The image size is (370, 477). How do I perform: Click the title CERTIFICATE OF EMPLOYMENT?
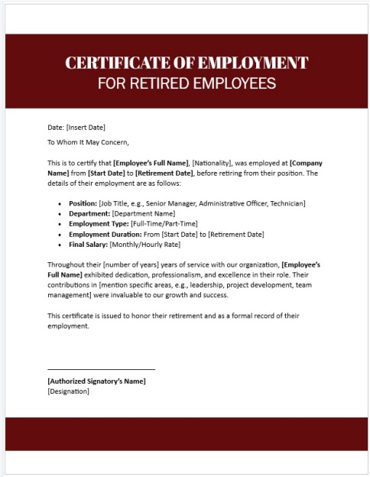[x=187, y=63]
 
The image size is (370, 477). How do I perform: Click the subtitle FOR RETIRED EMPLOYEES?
[x=187, y=82]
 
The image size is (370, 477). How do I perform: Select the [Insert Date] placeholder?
[x=86, y=127]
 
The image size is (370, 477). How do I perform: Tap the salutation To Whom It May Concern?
[x=89, y=141]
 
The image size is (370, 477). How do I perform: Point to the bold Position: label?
[x=83, y=203]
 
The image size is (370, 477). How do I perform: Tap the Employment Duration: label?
[x=105, y=234]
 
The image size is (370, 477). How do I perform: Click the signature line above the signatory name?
[x=101, y=370]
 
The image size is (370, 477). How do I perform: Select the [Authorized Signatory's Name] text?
[x=96, y=381]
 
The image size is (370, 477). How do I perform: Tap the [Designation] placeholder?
[x=68, y=391]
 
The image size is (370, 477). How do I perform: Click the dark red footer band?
[x=185, y=433]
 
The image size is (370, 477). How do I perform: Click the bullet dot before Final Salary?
[x=60, y=245]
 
